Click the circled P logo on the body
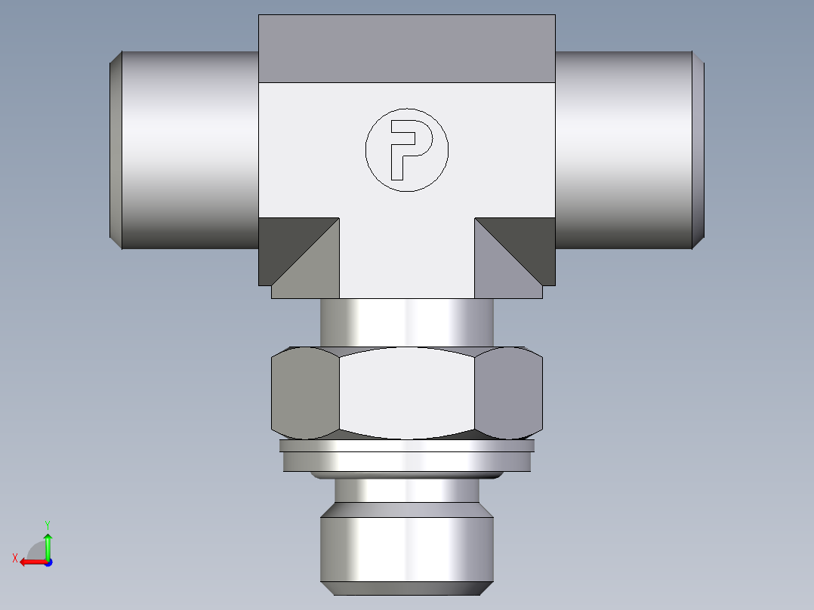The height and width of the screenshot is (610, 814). pos(407,149)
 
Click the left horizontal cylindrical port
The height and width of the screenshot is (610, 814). pos(189,149)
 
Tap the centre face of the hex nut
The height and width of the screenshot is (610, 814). pos(407,393)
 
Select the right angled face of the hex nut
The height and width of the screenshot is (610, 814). pos(510,393)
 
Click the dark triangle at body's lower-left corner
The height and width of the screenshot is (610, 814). pos(283,242)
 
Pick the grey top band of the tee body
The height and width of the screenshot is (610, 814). pos(407,48)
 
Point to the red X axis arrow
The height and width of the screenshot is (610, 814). pos(30,561)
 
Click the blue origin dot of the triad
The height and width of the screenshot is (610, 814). pos(48,562)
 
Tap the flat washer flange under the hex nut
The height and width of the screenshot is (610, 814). pos(407,456)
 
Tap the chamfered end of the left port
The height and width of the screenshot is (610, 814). pos(116,149)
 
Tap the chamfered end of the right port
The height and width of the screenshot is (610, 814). pos(698,149)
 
